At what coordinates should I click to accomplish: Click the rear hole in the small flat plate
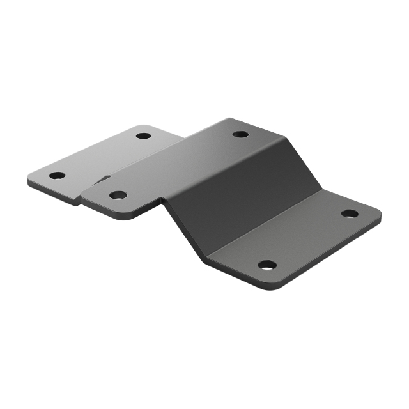pyautogui.click(x=143, y=135)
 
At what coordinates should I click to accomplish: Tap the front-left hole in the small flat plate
pyautogui.click(x=57, y=175)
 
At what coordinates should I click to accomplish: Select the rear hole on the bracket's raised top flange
pyautogui.click(x=240, y=134)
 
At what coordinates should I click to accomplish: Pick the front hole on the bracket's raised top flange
pyautogui.click(x=118, y=194)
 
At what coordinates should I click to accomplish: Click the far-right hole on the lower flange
pyautogui.click(x=349, y=213)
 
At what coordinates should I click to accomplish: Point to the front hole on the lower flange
pyautogui.click(x=267, y=265)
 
